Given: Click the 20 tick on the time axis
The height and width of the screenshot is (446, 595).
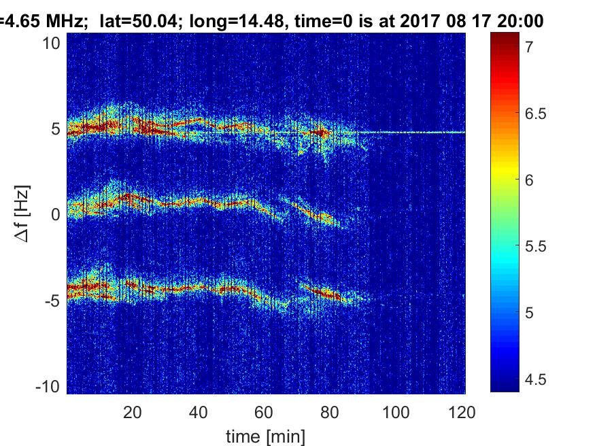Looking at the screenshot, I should click(x=133, y=412).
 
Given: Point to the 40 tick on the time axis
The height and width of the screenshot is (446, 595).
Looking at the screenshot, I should click(x=199, y=412).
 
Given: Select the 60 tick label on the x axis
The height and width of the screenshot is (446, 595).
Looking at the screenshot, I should click(x=265, y=412).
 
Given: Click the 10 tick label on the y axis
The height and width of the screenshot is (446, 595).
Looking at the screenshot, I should click(x=54, y=43).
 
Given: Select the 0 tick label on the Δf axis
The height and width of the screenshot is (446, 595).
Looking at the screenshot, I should click(x=56, y=215).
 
